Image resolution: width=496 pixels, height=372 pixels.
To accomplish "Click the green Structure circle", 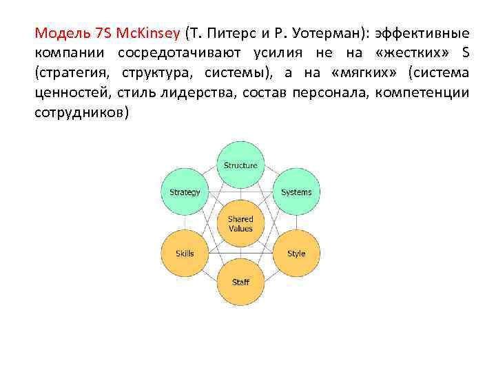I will tap(240, 165).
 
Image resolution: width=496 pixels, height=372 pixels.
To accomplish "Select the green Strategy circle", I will tap(185, 192).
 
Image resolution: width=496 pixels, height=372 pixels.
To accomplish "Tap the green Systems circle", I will tap(296, 192).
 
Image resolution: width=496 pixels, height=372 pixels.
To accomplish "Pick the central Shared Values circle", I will tap(240, 224).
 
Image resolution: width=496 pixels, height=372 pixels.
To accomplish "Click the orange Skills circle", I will tap(185, 254).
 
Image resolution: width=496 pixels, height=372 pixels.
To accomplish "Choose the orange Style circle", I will tap(296, 254).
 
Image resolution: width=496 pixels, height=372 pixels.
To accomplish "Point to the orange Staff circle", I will tap(240, 282).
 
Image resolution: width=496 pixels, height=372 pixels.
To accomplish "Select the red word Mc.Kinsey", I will tap(147, 33).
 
